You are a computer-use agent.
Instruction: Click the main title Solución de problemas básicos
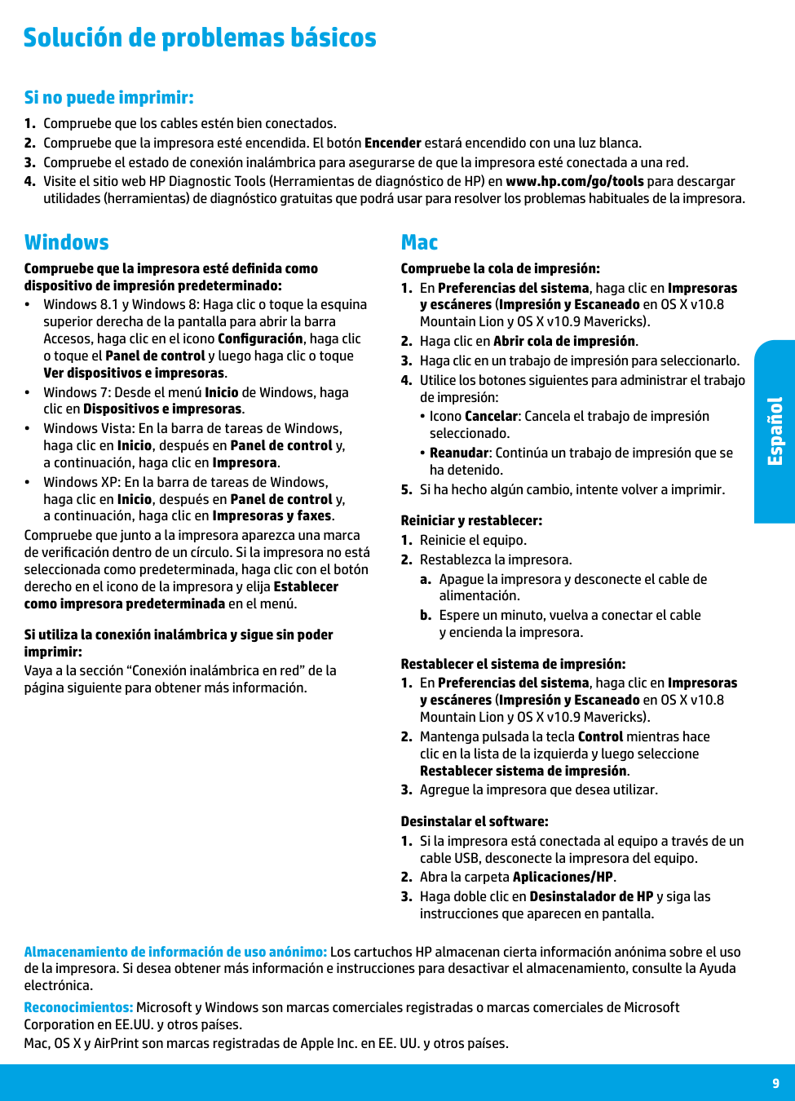pos(200,38)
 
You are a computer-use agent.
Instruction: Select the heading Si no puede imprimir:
pos(108,98)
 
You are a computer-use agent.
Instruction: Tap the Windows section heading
pos(66,242)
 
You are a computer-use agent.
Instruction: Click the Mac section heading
pos(419,242)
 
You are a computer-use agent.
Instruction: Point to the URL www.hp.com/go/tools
pos(574,181)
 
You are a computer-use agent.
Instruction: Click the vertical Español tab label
pos(775,431)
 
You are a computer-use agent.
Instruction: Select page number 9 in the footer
pos(775,1083)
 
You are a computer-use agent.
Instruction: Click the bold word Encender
pos(392,143)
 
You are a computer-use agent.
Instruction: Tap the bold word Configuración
pos(260,338)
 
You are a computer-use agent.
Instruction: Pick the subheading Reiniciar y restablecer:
pos(471,520)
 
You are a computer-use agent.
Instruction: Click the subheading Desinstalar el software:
pos(475,821)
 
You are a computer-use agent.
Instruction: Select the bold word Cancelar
pos(491,416)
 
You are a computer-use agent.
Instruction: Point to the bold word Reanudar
pos(459,453)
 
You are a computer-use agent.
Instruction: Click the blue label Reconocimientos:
pos(78,1007)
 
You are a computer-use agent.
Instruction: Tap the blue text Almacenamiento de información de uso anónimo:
pos(175,952)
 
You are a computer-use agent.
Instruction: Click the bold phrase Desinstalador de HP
pos(591,896)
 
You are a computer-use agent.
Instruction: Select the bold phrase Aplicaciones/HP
pos(563,877)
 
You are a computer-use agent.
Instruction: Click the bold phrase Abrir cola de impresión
pos(564,341)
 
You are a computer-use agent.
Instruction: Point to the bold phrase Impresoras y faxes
pos(272,515)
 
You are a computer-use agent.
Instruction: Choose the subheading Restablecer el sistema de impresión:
pos(513,664)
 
